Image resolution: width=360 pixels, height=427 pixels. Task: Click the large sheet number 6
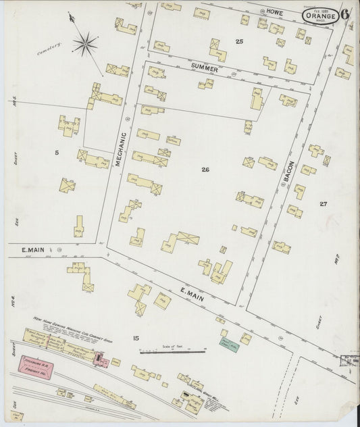(x=346, y=14)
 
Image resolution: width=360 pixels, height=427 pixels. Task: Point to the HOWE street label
(x=274, y=13)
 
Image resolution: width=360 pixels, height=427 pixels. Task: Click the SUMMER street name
(x=204, y=68)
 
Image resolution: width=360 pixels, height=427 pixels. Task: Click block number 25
(x=239, y=42)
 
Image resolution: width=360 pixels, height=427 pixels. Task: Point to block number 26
(x=205, y=169)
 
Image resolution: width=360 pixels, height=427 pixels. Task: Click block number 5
(x=57, y=153)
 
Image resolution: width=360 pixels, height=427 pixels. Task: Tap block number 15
(x=136, y=338)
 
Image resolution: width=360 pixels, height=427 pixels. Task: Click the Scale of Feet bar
(x=173, y=351)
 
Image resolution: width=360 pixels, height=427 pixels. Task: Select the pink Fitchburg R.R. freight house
(x=38, y=366)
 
